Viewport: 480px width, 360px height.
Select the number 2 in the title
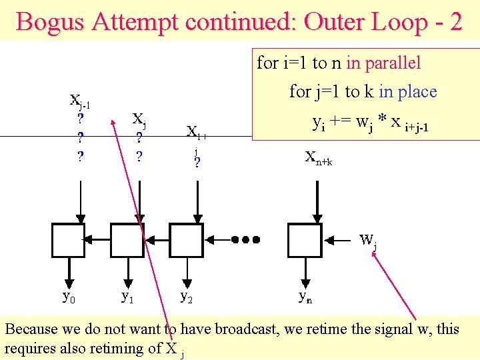[x=455, y=21]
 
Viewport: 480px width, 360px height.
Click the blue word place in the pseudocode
[x=416, y=91]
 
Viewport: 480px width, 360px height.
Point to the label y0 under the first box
[x=69, y=296]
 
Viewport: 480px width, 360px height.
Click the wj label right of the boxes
[x=368, y=241]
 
